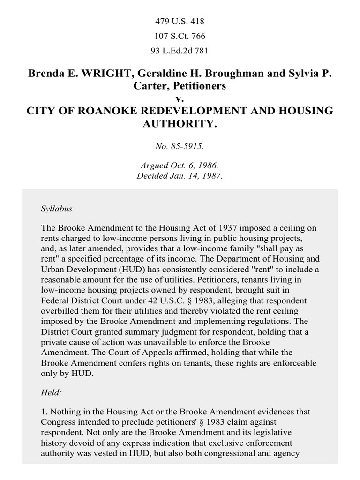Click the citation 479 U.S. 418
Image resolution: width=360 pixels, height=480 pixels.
coord(180,21)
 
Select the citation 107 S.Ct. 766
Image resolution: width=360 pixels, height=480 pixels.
coord(180,36)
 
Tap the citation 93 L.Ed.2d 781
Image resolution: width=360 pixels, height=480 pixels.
coord(180,51)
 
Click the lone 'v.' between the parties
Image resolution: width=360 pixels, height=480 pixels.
coord(180,98)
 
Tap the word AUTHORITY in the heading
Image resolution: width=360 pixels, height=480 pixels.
coord(180,124)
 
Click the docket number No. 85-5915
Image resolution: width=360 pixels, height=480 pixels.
coord(180,146)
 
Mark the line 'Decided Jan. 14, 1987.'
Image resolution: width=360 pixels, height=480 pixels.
coord(180,176)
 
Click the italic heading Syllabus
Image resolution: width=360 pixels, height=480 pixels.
coord(57,209)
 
